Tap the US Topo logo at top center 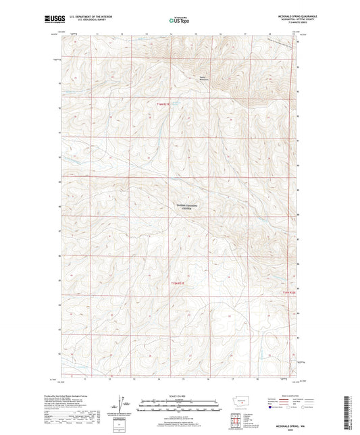tap(178, 21)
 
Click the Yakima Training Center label tap(183, 207)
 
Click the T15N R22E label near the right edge tap(288, 292)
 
